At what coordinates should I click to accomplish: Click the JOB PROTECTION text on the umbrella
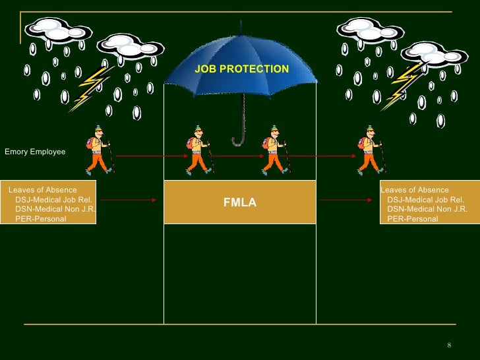click(x=241, y=69)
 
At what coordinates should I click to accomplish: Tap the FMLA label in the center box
click(x=239, y=203)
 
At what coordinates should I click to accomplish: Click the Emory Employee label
click(x=35, y=152)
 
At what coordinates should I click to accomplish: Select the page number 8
click(x=448, y=346)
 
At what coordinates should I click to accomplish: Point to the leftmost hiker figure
click(x=100, y=150)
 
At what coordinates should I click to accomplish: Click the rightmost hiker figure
click(x=371, y=150)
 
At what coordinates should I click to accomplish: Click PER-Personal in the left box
click(x=40, y=218)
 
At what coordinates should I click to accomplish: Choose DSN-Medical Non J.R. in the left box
click(x=55, y=209)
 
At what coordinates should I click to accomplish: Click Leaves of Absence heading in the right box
click(x=415, y=190)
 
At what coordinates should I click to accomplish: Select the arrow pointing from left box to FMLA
click(x=129, y=200)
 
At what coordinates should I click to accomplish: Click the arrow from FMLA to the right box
click(x=347, y=200)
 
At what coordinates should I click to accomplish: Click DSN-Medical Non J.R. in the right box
click(x=427, y=209)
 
